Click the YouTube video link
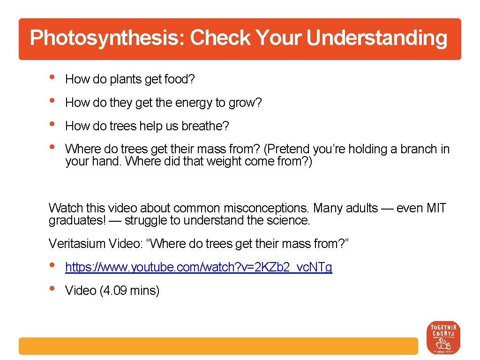(199, 267)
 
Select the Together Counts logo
(442, 337)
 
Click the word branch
(412, 150)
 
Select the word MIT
(435, 208)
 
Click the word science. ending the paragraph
(291, 220)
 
